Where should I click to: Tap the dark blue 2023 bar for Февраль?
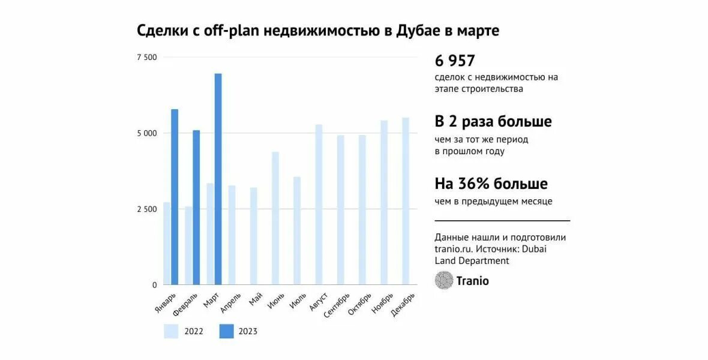tap(196, 207)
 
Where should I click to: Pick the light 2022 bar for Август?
tap(319, 205)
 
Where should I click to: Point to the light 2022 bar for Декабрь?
tap(406, 201)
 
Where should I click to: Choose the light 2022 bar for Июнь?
tap(275, 218)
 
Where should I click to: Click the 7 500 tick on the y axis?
tap(146, 58)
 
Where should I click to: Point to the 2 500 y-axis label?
tap(146, 209)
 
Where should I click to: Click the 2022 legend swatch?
tap(171, 331)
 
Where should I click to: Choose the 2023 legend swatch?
tap(226, 331)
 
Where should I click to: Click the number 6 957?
tap(455, 61)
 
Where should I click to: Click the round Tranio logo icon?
tap(444, 280)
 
